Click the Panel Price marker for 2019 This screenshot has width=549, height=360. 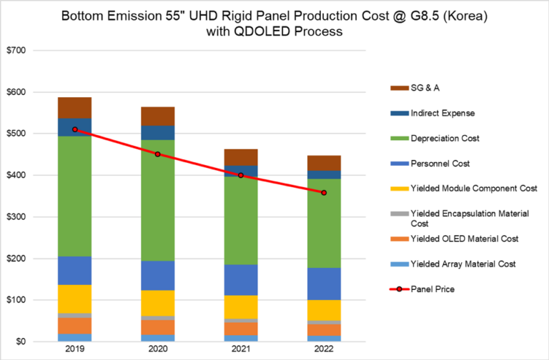tap(75, 129)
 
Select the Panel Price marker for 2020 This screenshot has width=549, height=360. tap(158, 154)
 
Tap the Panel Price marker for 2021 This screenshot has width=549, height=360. tap(241, 175)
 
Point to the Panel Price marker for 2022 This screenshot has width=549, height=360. tap(324, 193)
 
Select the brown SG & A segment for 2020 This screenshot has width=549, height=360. tap(158, 116)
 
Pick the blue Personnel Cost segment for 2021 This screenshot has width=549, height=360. tap(241, 279)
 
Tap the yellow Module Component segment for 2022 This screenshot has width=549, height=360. tap(324, 310)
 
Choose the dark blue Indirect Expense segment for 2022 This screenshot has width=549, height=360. tap(324, 175)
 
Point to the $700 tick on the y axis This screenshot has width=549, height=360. tap(17, 51)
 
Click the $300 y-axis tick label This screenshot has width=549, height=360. tap(17, 217)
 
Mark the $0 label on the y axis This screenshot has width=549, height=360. tap(21, 341)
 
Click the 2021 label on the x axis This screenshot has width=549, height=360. tap(241, 351)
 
